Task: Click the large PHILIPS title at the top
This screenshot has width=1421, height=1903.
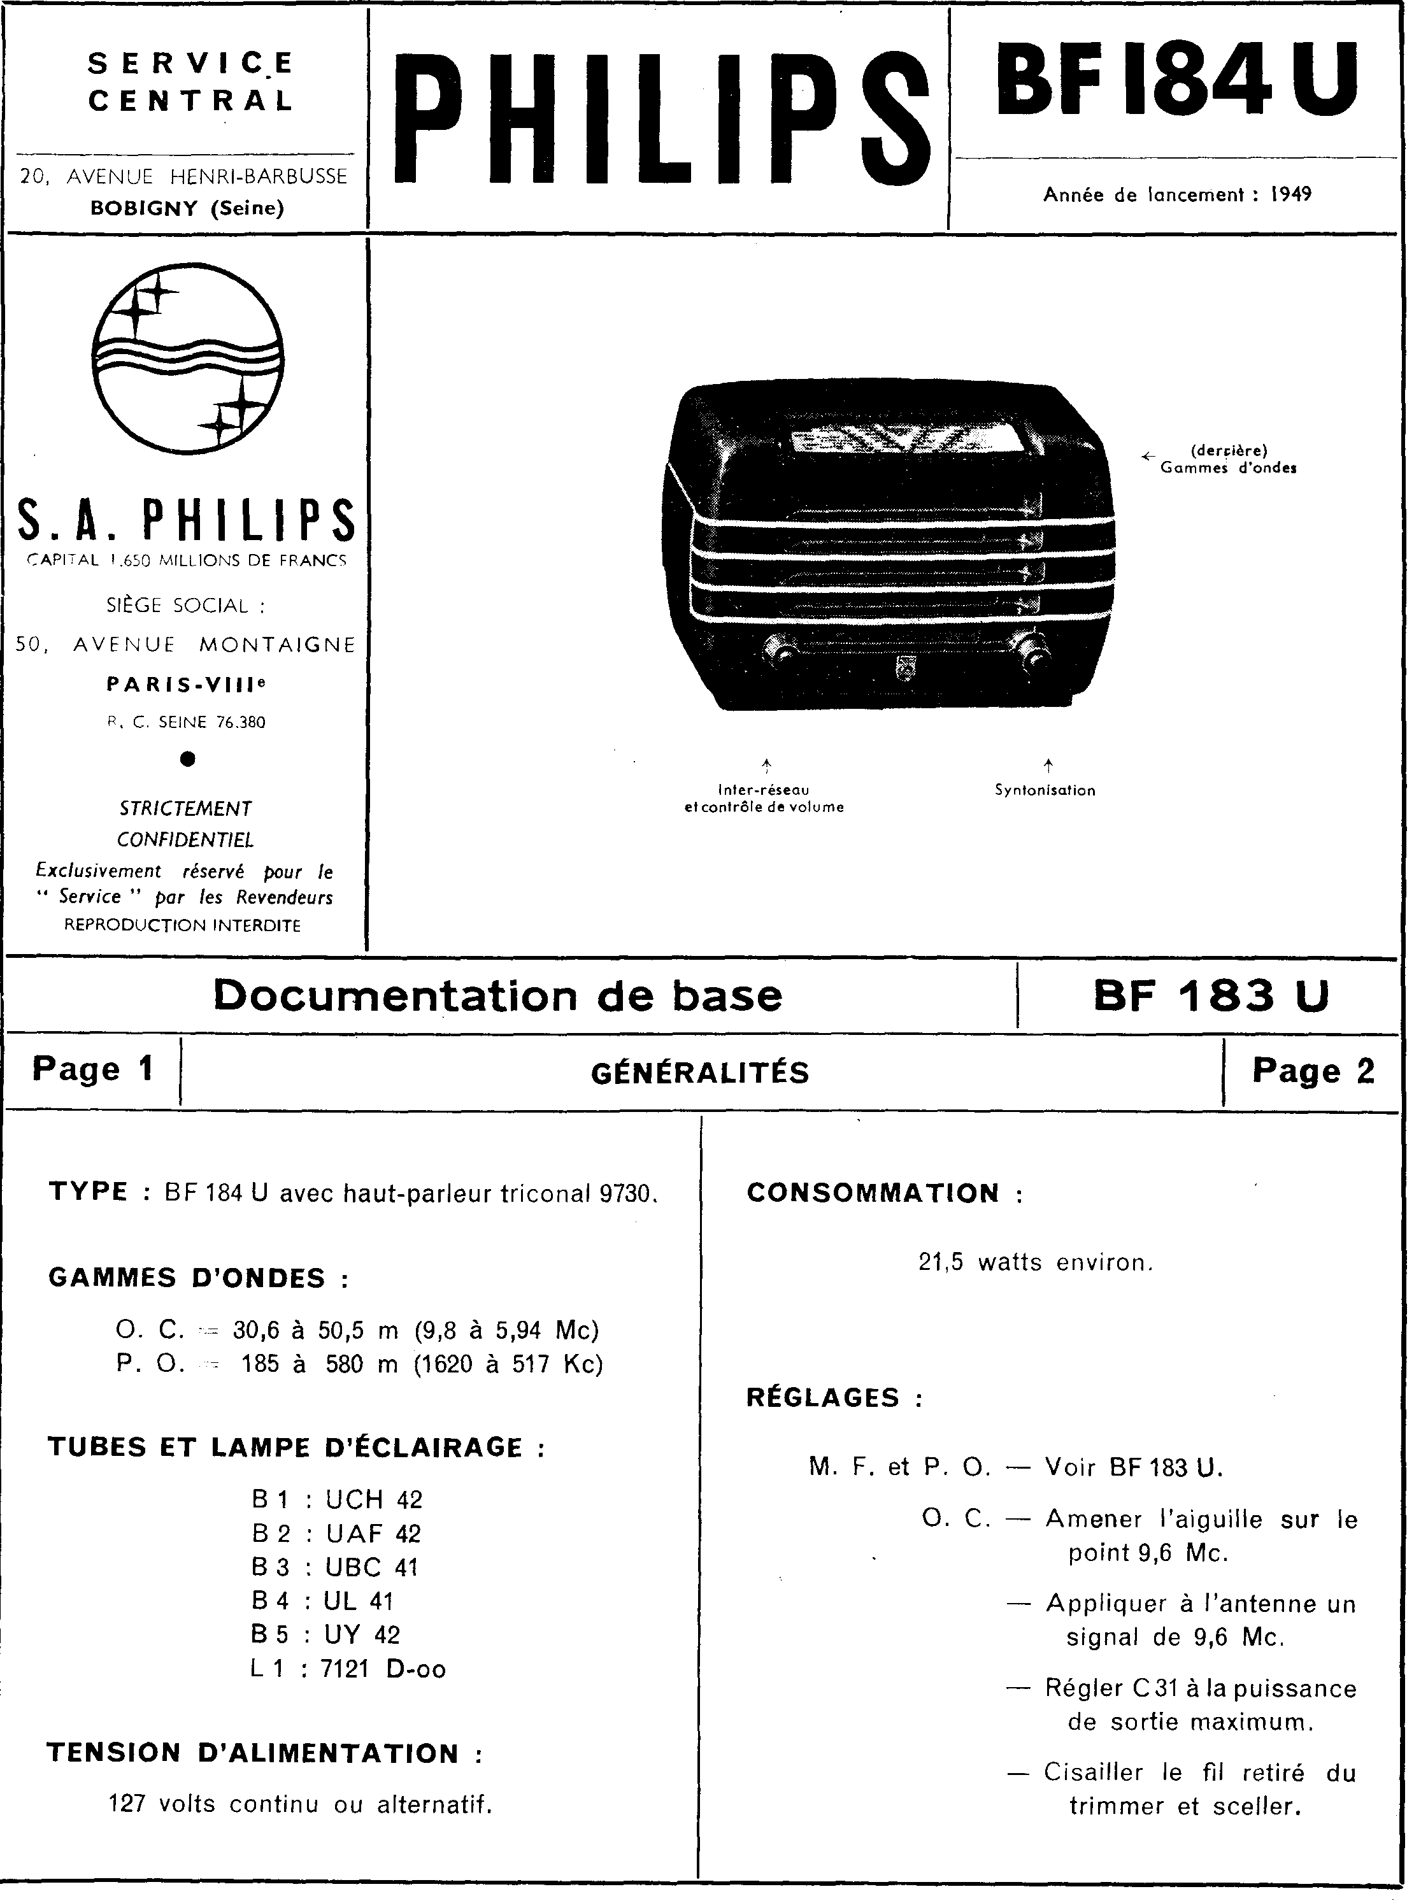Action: pos(661,118)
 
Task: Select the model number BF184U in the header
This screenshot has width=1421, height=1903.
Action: pos(1176,82)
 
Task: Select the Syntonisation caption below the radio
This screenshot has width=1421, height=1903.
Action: pos(1045,790)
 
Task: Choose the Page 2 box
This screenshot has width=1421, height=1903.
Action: pos(1313,1071)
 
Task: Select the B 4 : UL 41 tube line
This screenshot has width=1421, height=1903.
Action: pos(322,1601)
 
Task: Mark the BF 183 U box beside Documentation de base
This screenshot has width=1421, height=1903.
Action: pos(1211,996)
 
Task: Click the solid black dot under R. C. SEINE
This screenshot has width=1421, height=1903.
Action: pos(189,759)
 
